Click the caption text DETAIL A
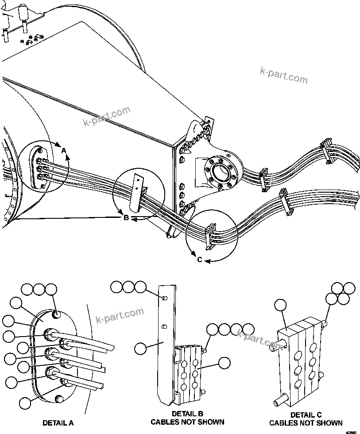(58, 423)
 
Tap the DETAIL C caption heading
(306, 415)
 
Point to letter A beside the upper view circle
(64, 151)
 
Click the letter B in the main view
(126, 218)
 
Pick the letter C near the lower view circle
(200, 260)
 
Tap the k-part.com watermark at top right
(283, 75)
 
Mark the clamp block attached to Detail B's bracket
(190, 370)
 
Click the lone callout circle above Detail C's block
(281, 305)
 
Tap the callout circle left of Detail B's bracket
(141, 348)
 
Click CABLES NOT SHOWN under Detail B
(187, 422)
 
